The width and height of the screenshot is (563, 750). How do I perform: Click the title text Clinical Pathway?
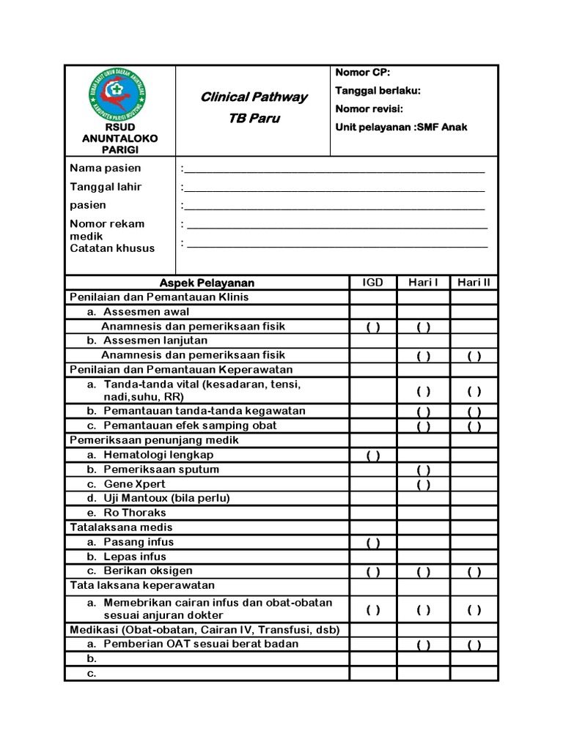pos(254,97)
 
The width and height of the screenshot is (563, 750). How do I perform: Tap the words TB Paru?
pos(254,119)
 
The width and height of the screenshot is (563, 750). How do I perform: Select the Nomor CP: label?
pos(363,72)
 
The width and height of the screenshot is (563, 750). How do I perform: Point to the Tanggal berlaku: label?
pos(378,90)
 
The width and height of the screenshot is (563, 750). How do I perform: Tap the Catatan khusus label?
pos(112,248)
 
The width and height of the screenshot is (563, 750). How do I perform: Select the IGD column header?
pos(373,283)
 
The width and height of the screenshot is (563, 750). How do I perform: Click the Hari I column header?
pos(423,283)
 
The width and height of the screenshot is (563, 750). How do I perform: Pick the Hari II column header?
pos(474,283)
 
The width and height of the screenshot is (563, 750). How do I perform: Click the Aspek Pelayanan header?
pos(207,283)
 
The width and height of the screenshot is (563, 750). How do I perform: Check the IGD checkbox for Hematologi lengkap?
pos(373,456)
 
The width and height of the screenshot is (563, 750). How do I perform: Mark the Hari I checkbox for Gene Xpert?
pos(423,484)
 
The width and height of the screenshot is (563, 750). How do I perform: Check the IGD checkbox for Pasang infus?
pos(373,543)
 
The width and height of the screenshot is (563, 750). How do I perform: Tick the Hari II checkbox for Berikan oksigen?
pos(474,572)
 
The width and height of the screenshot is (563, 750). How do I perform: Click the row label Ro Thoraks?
pos(135,513)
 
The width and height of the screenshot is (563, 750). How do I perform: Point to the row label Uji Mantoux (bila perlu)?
pos(166,498)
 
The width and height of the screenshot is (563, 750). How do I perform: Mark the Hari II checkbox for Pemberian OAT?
pos(474,645)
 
